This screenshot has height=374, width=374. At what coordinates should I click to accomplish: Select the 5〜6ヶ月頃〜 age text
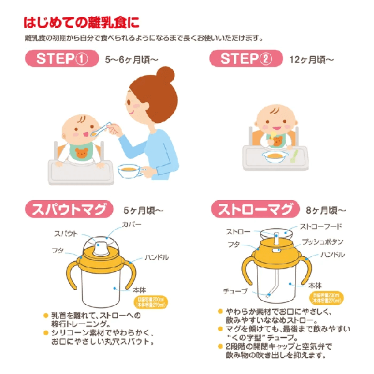(x=133, y=60)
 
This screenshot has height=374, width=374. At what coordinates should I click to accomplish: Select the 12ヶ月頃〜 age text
(x=312, y=60)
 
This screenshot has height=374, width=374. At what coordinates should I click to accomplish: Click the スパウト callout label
(x=66, y=232)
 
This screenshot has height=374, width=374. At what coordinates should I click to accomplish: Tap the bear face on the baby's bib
(x=81, y=151)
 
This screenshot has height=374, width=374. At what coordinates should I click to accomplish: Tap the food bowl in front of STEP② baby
(x=274, y=157)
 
